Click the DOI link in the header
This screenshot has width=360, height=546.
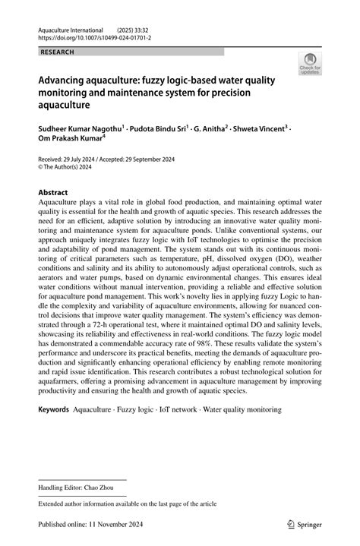point(93,36)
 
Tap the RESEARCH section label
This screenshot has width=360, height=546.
point(56,52)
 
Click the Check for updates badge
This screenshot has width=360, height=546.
point(309,65)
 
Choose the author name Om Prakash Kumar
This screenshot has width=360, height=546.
point(71,140)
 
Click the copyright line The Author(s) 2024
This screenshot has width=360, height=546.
point(74,169)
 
